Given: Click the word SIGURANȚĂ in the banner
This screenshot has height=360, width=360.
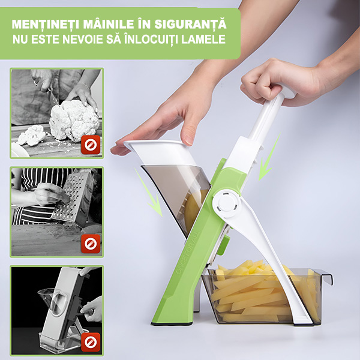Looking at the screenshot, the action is (190, 25).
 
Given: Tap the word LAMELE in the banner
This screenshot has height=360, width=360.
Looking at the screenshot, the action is (203, 39).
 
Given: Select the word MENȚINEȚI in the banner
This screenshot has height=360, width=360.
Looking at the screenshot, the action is (46, 25).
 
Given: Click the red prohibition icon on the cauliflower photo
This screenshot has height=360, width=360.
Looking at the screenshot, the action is (91, 145).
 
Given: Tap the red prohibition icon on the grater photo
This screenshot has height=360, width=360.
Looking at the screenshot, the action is (91, 244).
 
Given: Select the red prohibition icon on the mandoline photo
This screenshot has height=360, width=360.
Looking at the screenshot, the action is (91, 343).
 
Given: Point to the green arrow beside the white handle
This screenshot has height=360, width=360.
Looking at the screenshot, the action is (269, 158).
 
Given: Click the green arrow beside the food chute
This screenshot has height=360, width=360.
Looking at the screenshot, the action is (149, 193).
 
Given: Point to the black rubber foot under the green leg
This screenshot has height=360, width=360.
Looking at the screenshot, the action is (172, 324).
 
